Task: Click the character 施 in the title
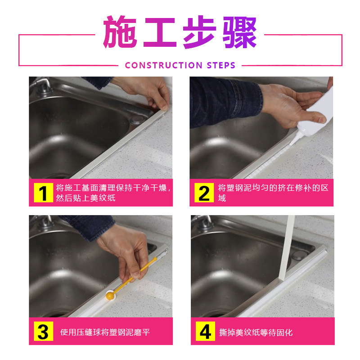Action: coord(120,31)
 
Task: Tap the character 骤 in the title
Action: coord(239,32)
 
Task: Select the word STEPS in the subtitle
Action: coord(221,65)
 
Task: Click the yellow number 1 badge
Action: coord(43,193)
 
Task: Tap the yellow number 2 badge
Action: coord(204,193)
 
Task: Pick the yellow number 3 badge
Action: coord(43,331)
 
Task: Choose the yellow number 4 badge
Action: coord(206,331)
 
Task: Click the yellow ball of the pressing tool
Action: coord(110,295)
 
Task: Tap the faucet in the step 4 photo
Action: coord(202,222)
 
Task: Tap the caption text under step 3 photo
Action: coord(105,332)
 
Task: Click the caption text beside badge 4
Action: coord(256,332)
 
